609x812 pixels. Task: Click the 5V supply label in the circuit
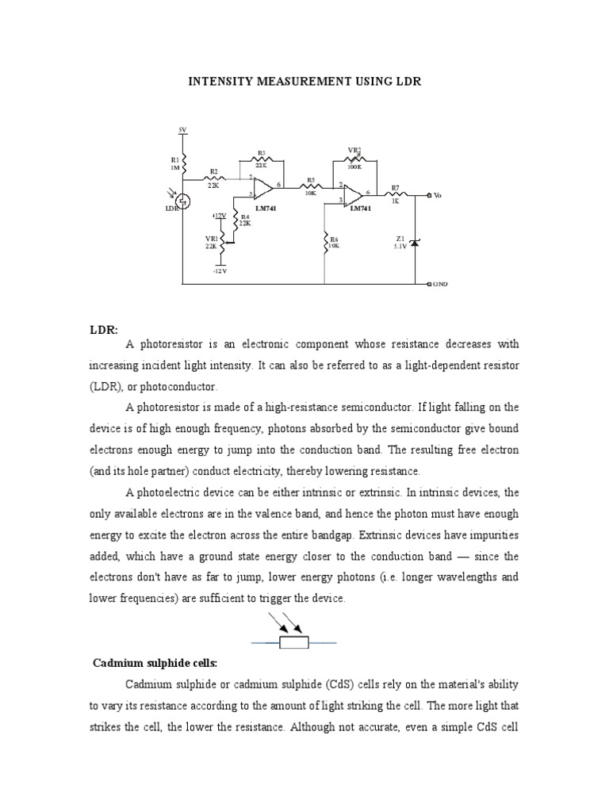(182, 128)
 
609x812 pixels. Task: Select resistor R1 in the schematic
(183, 164)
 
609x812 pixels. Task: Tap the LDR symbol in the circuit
(182, 201)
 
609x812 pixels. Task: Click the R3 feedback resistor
(261, 159)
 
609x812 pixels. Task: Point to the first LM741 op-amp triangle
(262, 187)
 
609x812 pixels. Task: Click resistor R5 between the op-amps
(311, 187)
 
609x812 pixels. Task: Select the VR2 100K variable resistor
(354, 159)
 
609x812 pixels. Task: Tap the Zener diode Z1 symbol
(414, 241)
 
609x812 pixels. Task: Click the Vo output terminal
(429, 194)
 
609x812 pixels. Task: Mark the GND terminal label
(440, 283)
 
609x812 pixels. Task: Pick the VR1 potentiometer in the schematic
(222, 241)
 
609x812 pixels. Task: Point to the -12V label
(220, 270)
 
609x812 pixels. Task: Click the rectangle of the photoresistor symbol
(294, 643)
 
